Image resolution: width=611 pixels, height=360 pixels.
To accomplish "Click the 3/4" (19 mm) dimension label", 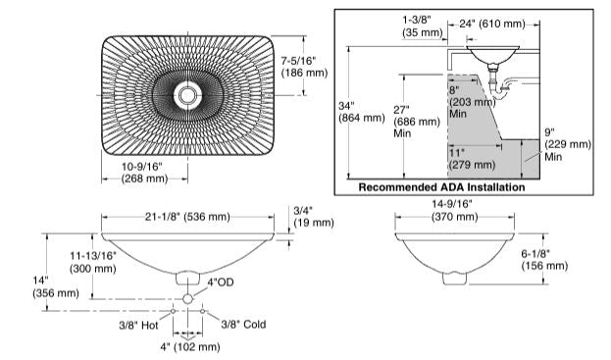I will (x=313, y=216).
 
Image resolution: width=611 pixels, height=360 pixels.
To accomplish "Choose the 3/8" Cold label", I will (x=241, y=323).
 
